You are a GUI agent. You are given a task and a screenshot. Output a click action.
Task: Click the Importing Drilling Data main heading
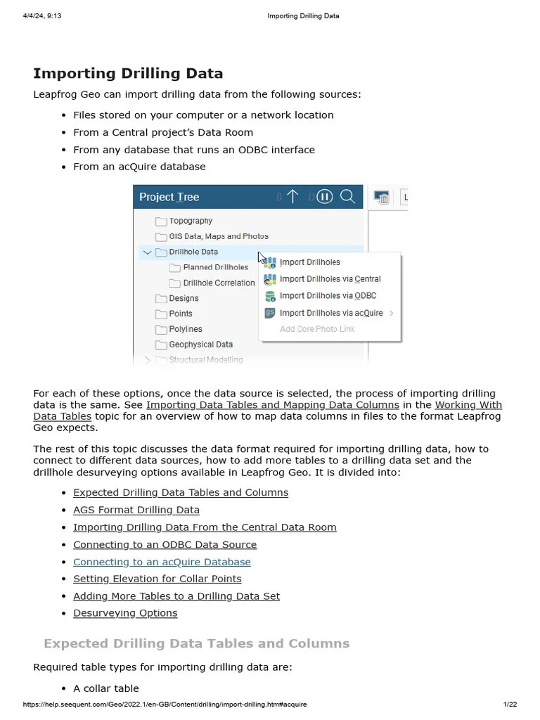pos(128,73)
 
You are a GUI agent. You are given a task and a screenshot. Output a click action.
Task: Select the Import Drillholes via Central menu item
pos(329,279)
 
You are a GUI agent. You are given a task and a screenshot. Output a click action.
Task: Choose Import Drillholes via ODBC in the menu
pos(327,296)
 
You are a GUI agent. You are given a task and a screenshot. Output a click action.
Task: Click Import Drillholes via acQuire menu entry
pos(330,313)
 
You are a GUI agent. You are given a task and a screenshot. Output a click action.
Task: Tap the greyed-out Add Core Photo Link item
pos(316,329)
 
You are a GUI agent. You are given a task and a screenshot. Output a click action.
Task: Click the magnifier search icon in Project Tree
pos(347,197)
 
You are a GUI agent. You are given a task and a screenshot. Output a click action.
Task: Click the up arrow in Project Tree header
pos(292,197)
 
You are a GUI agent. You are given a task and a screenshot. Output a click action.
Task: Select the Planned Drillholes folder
pos(214,267)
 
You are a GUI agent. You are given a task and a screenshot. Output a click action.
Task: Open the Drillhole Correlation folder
pos(218,283)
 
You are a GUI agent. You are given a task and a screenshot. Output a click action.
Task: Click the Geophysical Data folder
pos(200,345)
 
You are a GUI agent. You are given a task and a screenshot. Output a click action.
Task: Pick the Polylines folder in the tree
pos(185,329)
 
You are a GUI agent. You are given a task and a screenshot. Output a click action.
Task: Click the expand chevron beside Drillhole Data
pos(147,252)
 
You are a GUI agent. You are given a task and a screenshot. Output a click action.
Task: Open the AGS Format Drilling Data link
pos(136,510)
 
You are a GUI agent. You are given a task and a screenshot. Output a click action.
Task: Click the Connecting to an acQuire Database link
pos(162,562)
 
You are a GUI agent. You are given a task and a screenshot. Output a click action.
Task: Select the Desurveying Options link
pos(125,613)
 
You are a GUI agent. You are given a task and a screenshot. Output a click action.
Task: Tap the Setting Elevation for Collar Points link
pos(157,579)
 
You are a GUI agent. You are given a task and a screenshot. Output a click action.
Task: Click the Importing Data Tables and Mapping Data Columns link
pos(272,405)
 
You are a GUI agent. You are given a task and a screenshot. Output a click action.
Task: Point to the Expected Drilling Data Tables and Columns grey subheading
pos(196,643)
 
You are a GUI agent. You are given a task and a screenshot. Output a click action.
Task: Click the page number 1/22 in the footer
pos(510,705)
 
